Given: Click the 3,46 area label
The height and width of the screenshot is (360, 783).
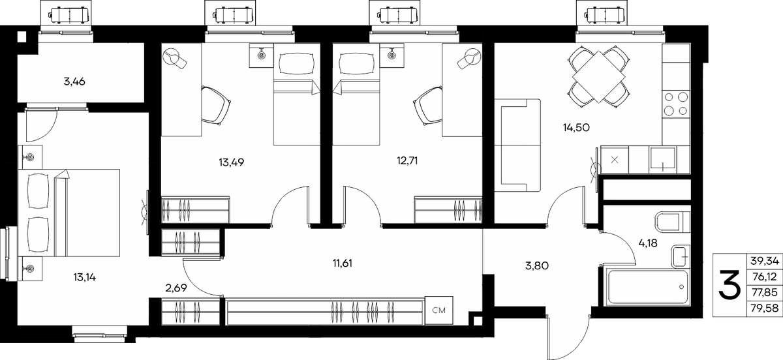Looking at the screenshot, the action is pos(74,82).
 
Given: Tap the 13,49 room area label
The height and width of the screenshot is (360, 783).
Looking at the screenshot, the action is pos(232,162).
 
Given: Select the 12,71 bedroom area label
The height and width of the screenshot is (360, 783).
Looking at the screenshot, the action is pos(407,161).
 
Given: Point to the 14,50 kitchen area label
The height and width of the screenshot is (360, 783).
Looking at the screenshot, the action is pos(576,128).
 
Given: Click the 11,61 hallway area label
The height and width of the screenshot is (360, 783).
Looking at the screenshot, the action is pos(342,263).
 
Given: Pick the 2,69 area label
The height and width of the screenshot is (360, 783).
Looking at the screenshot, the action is pos(176,288).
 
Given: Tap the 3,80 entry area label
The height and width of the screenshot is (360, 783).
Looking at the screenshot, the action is pos(537,266).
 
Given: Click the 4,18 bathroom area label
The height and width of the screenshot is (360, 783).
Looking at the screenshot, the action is pos(648,243).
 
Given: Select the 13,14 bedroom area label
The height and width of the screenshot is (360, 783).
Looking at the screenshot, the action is pos(85,278).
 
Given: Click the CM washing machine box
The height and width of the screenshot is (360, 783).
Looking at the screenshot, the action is pos(439,310).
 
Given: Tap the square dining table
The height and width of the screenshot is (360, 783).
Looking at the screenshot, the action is pos(599,76).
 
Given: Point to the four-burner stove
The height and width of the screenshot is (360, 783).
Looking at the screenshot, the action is pos(676,104).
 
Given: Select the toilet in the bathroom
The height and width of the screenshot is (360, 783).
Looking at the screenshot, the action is pos(672,222).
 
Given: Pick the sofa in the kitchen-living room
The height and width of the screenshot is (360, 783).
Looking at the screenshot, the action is pos(517,145).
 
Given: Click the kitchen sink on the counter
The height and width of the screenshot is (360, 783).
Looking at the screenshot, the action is pos(662,160).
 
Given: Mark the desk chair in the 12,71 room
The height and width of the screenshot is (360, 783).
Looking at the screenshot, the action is pos(428,106).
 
